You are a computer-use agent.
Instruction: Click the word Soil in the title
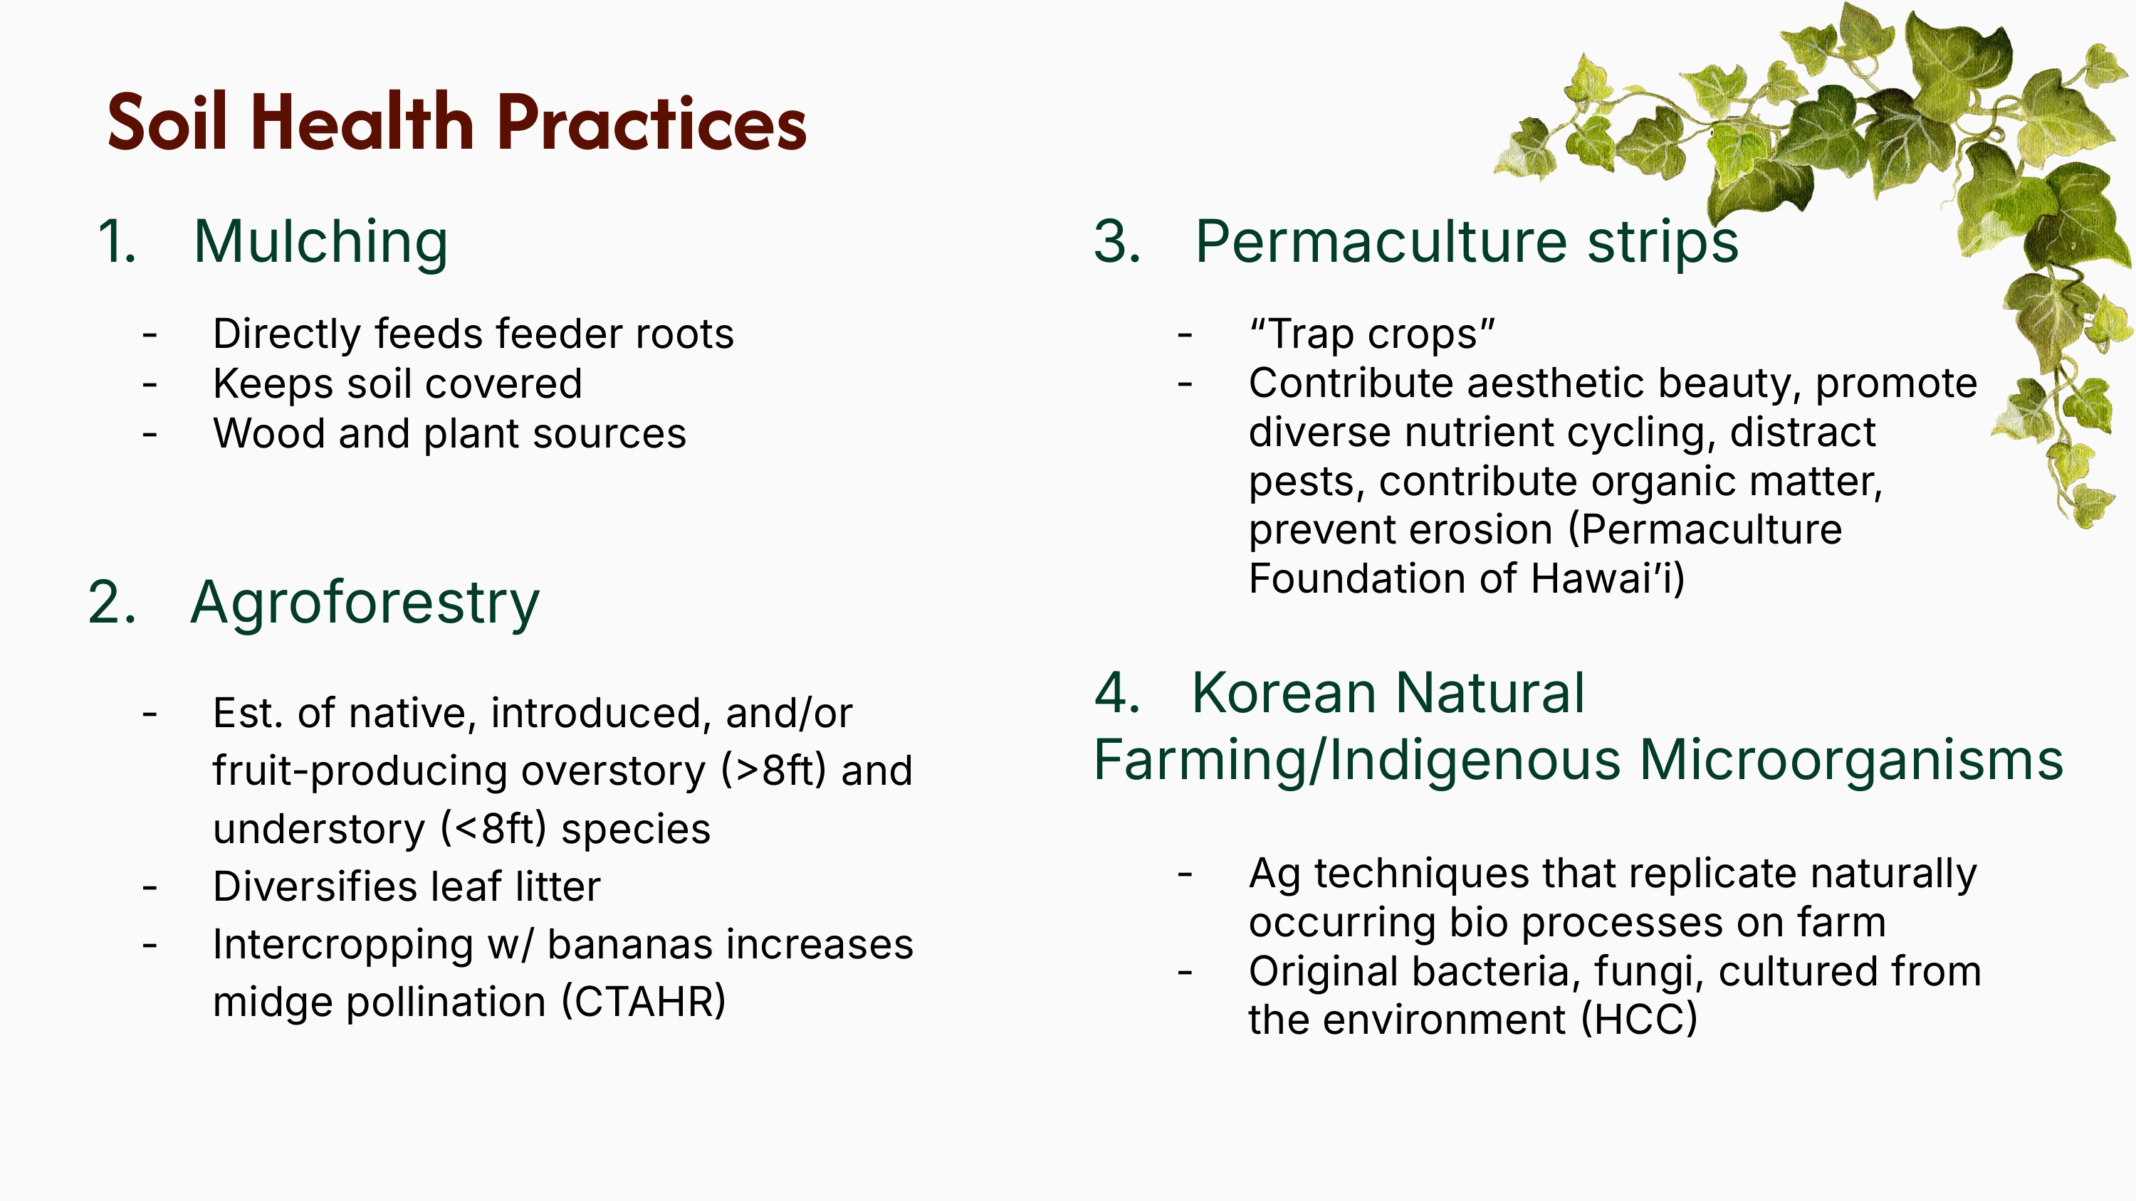(167, 122)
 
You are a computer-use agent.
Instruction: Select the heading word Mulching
(321, 242)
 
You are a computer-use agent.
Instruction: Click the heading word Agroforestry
(365, 603)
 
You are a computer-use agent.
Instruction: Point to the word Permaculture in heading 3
(1381, 242)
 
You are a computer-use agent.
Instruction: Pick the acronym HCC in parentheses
(1639, 1020)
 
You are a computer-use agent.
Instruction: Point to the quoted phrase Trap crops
(1372, 334)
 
